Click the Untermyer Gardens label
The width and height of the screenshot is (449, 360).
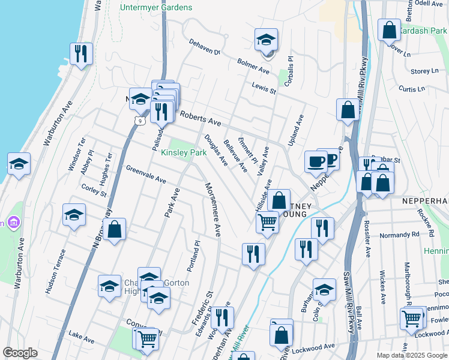click(155, 7)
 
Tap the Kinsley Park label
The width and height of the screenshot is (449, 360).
click(184, 152)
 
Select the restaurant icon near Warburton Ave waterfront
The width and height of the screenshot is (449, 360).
click(80, 53)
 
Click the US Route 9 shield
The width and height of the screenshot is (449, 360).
click(139, 121)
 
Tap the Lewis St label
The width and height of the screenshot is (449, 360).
click(264, 88)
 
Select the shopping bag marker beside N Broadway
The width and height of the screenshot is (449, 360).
click(114, 229)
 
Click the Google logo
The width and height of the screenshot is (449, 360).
click(20, 353)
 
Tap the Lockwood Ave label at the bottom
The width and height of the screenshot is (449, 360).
click(316, 347)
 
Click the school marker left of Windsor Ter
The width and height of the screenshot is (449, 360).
click(19, 164)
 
